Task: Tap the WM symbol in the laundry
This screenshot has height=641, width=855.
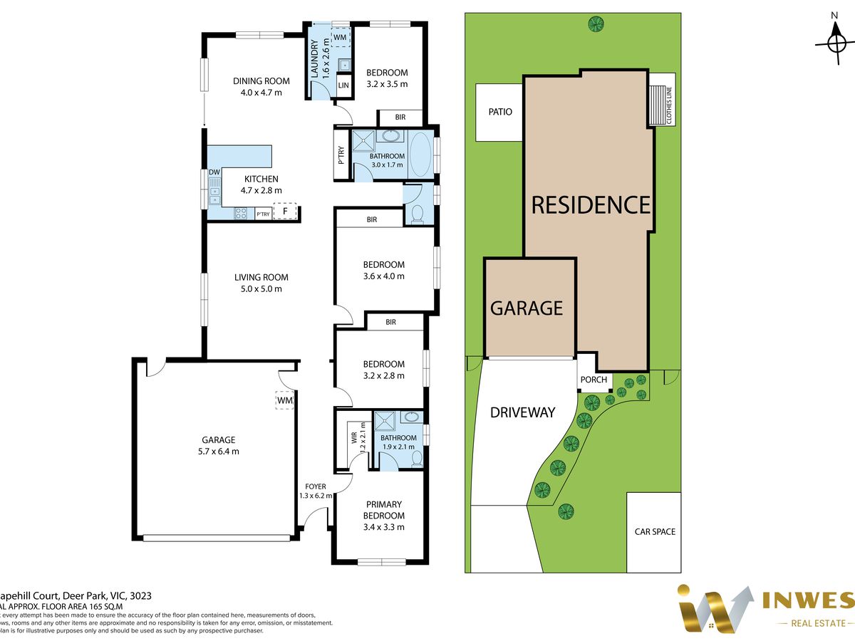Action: (x=340, y=36)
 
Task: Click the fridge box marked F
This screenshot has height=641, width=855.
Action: (x=285, y=212)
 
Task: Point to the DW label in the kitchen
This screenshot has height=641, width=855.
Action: (x=214, y=173)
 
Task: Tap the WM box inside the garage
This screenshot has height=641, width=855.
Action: (x=285, y=402)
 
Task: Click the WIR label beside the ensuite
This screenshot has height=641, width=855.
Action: (x=353, y=434)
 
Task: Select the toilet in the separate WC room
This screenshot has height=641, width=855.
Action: (x=418, y=214)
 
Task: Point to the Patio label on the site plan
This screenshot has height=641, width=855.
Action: (x=500, y=112)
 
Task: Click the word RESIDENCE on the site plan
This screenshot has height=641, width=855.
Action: (x=591, y=205)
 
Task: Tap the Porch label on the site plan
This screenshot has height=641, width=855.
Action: (x=594, y=380)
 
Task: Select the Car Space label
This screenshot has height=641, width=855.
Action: (x=655, y=531)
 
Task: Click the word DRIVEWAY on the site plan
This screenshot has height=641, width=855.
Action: (x=522, y=412)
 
